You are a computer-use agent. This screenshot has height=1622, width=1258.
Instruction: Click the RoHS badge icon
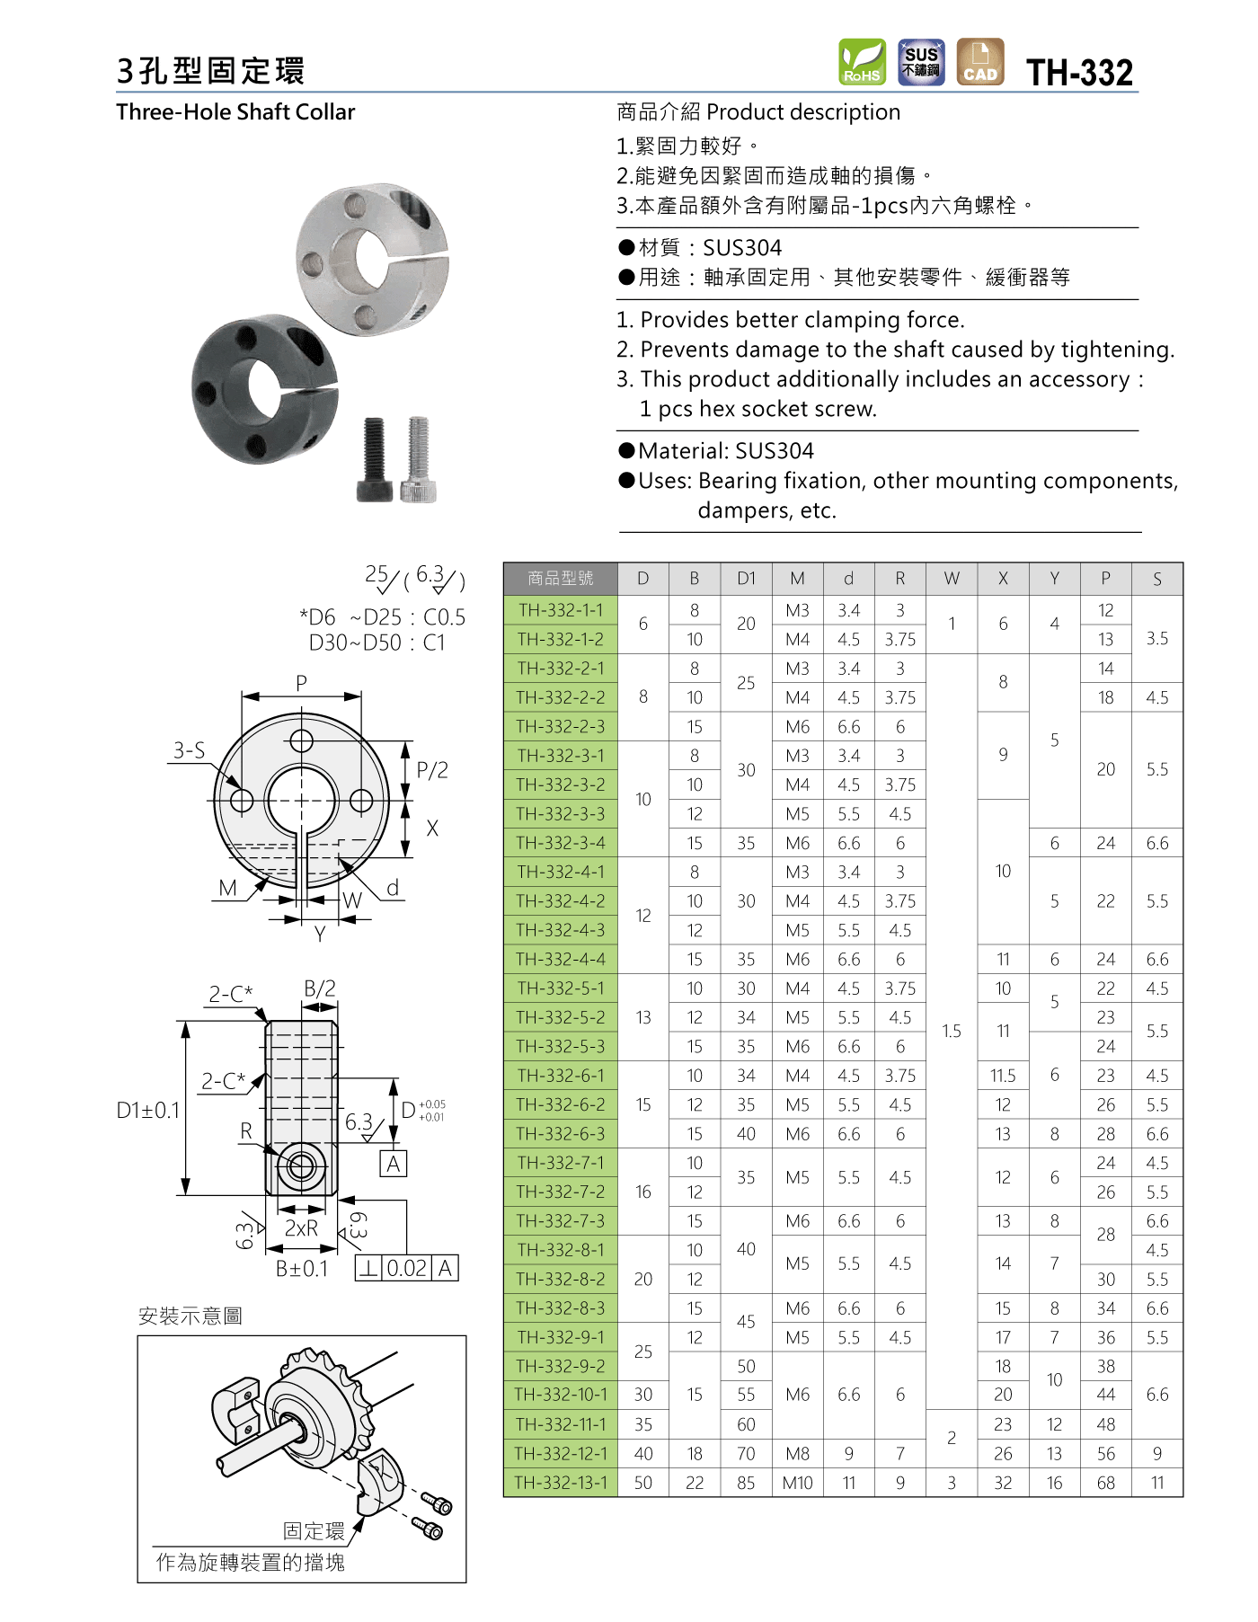[862, 63]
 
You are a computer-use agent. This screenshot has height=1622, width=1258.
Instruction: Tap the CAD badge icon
[979, 63]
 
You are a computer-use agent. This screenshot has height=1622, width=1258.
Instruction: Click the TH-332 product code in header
[1079, 73]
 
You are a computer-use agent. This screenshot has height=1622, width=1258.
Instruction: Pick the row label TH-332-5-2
[561, 1017]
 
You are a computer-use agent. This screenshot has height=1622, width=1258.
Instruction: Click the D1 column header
[746, 579]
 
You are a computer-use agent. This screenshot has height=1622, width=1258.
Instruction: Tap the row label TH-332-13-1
[561, 1483]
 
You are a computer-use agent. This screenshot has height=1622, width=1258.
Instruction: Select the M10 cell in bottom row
[797, 1483]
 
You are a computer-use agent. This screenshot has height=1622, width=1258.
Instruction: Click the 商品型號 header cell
[561, 579]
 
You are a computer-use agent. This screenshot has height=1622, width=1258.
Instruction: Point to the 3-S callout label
[189, 750]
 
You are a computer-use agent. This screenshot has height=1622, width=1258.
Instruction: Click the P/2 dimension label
[432, 770]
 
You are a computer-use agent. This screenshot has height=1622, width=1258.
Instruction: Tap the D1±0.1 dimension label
[148, 1111]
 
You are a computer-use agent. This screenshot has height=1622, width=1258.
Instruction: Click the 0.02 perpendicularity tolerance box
[407, 1268]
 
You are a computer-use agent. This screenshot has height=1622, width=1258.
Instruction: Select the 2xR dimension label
[301, 1228]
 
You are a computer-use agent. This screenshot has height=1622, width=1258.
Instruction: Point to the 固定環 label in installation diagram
[314, 1531]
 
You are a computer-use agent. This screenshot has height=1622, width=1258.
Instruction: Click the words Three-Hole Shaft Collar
[235, 112]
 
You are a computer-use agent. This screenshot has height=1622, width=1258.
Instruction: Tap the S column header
[1156, 579]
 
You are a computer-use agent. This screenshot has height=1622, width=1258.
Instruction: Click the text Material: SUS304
[725, 451]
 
